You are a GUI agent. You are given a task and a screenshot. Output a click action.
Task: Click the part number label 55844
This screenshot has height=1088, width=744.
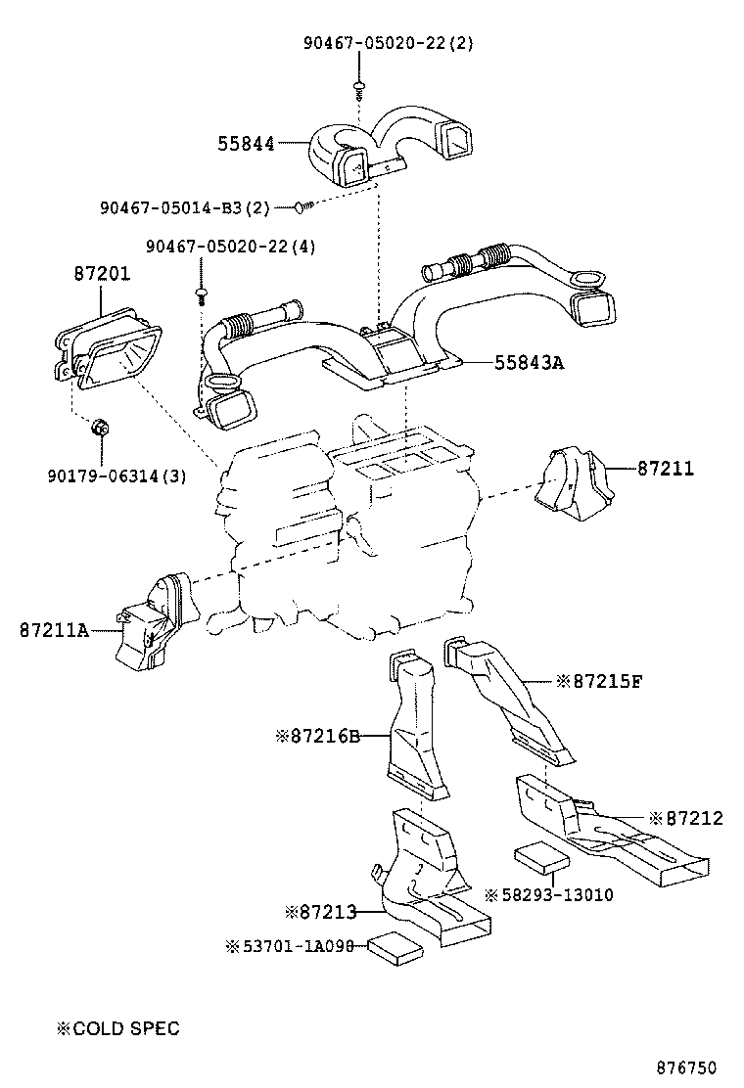click(245, 144)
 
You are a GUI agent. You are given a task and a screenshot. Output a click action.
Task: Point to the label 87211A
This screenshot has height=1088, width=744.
click(54, 631)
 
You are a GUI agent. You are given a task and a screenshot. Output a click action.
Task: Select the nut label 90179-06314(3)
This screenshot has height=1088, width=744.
click(116, 476)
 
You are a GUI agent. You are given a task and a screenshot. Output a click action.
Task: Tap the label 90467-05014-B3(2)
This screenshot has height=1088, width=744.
click(185, 207)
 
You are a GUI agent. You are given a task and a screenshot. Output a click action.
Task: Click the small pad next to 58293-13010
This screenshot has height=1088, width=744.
click(541, 856)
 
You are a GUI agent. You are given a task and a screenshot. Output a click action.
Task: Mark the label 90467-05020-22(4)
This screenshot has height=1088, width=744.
click(231, 247)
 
